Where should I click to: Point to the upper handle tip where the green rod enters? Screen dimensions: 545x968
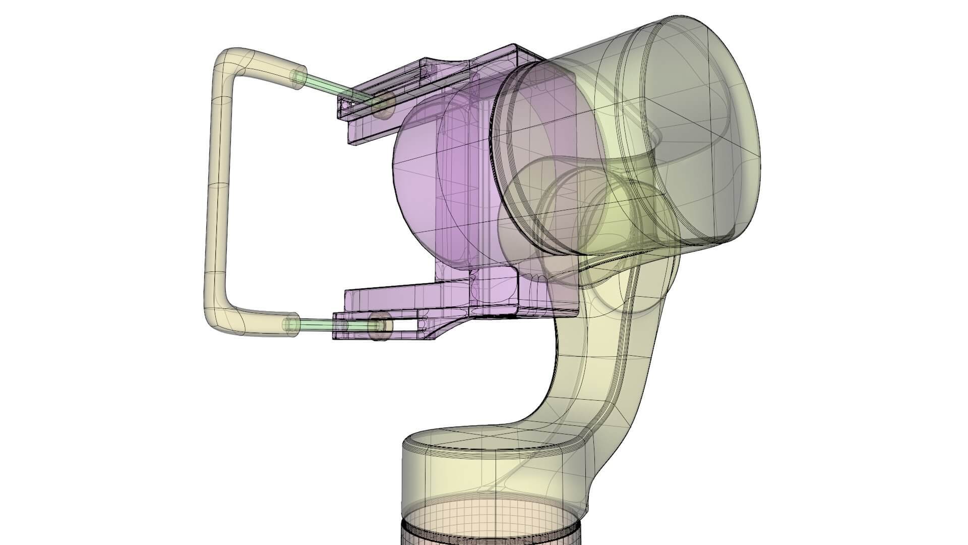[298, 78]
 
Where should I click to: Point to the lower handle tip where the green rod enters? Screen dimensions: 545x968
[291, 324]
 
